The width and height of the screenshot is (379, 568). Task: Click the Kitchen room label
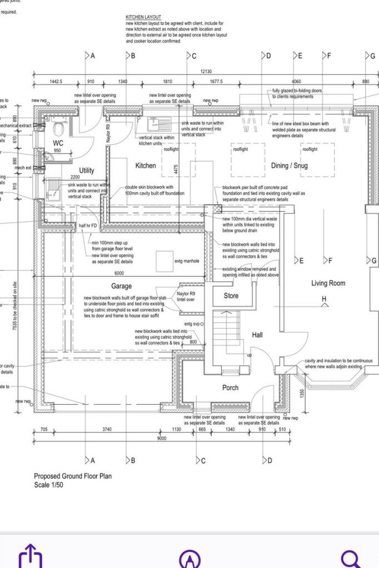pos(146,166)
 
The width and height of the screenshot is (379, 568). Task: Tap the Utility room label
pos(87,171)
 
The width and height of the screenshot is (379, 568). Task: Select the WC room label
pos(58,143)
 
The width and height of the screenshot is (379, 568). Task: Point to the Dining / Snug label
pos(289,166)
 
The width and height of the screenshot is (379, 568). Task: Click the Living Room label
pos(328,283)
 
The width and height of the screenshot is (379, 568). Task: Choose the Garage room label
pos(121,286)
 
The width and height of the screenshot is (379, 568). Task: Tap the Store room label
pos(231,296)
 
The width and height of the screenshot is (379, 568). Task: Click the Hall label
pos(257,335)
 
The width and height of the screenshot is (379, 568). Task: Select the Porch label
pos(231,388)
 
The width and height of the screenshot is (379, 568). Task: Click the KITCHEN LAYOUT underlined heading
pos(143,18)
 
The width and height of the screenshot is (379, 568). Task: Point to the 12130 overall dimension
pos(206,72)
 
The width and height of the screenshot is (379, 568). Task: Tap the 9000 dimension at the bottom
pos(162,439)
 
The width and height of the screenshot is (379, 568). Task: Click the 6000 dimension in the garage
pos(119,273)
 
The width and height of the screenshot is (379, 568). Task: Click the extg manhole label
pos(187,261)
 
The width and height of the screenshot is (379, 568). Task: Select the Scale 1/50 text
pos(49,484)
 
